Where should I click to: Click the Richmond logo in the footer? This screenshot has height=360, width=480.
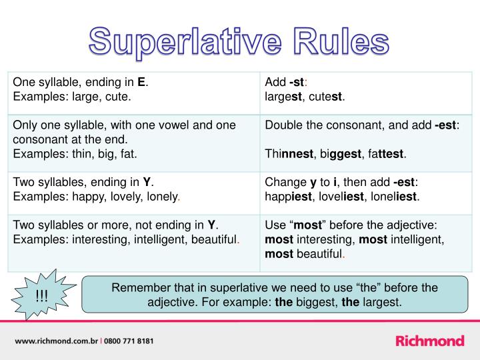pos(430,341)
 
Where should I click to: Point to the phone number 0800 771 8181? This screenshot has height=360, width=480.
pos(130,341)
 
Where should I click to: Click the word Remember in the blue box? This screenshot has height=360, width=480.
pos(139,288)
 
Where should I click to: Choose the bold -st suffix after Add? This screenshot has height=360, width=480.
pos(296,83)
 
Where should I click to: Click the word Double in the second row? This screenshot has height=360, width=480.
pos(283,125)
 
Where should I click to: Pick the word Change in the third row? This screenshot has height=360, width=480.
pos(284,182)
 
